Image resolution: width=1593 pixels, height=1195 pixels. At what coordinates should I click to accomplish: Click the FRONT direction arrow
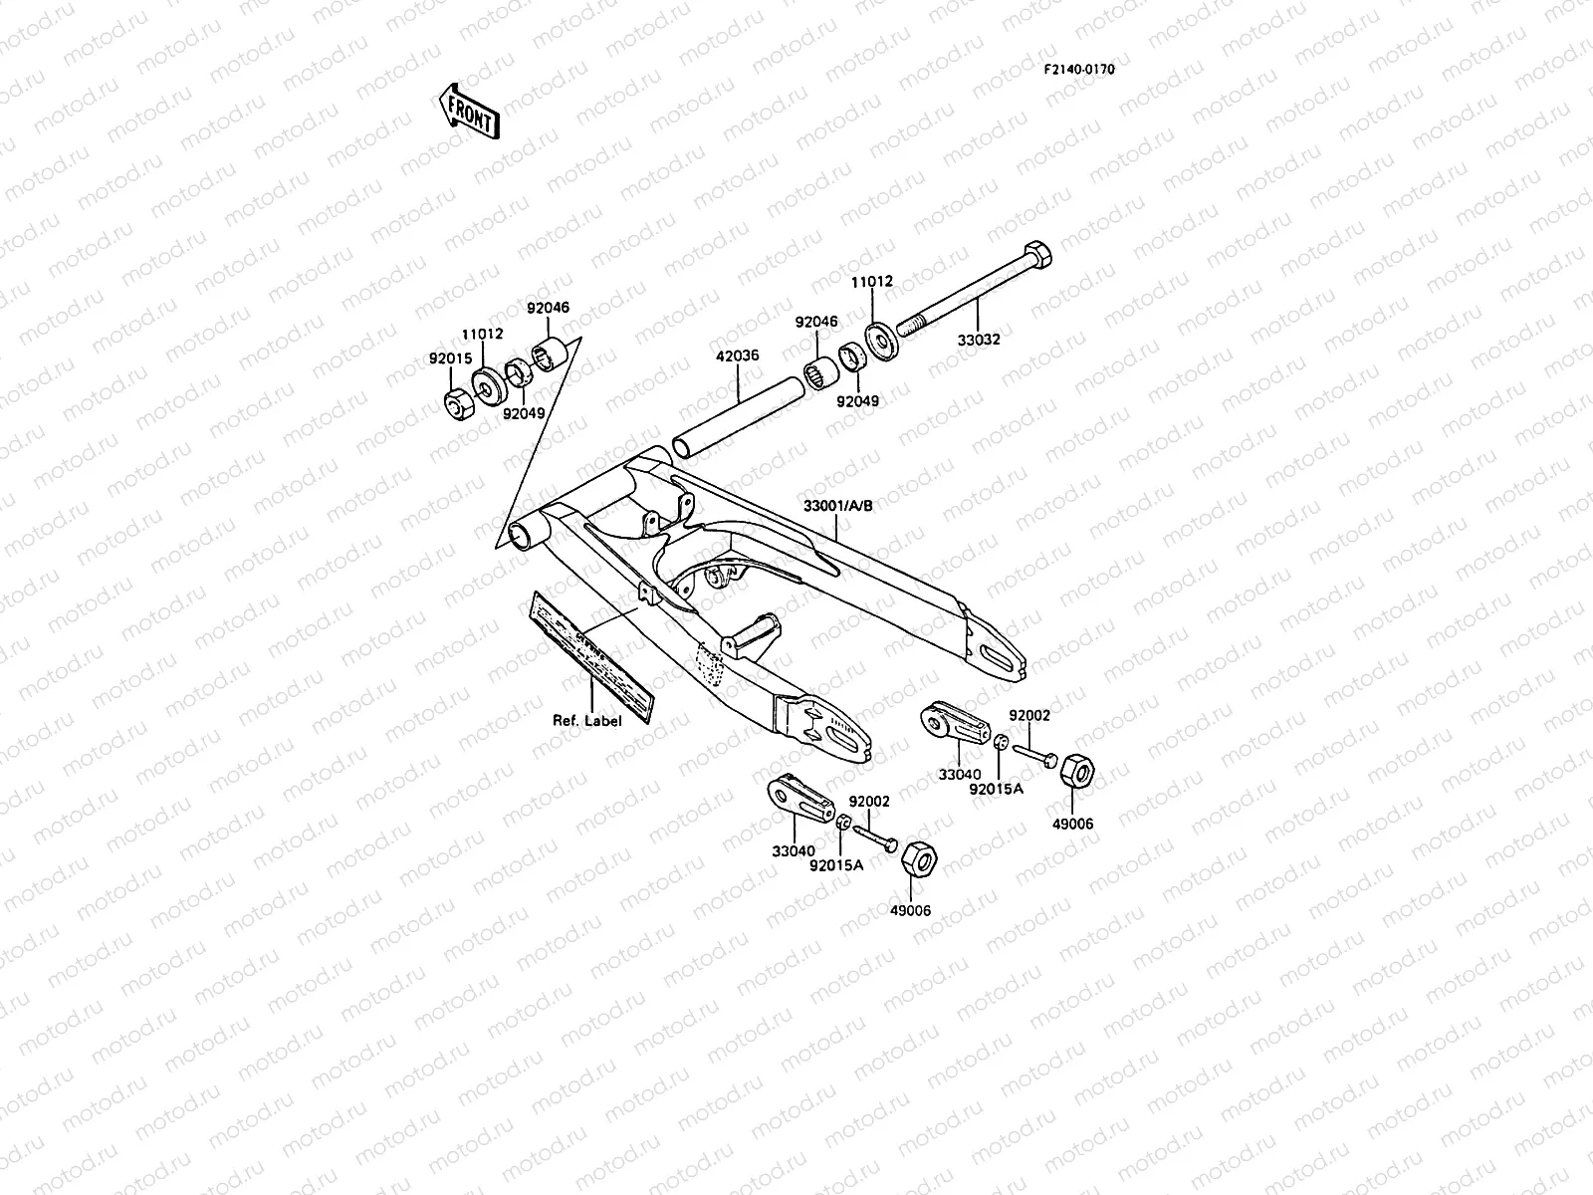coord(467,110)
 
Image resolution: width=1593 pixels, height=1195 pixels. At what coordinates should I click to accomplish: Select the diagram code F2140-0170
coord(1079,70)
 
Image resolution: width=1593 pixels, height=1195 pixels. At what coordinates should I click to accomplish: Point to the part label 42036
coord(737,355)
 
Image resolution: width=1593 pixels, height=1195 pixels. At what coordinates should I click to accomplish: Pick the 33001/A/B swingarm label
coord(837,505)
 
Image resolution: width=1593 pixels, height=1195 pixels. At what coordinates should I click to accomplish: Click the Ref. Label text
coord(587,720)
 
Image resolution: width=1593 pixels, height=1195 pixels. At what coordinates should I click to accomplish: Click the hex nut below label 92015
coord(459,404)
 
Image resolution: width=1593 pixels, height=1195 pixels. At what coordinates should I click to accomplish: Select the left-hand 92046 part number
coord(549,309)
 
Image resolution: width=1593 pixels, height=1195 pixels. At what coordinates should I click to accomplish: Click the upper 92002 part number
coord(1029,715)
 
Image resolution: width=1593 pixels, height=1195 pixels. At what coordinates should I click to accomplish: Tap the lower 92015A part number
coord(835,865)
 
